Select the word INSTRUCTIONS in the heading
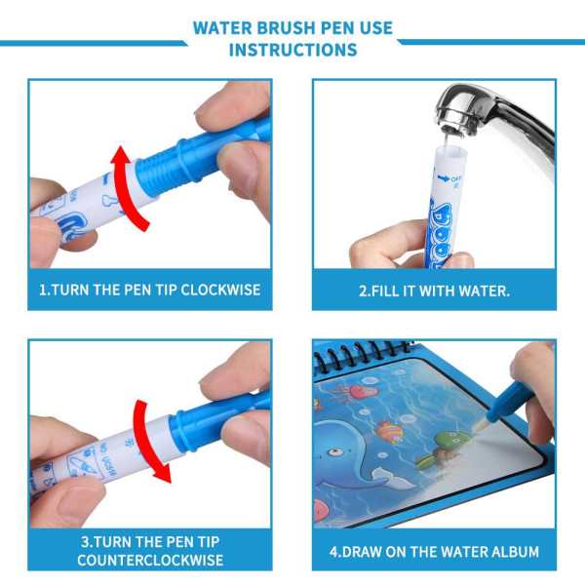pyautogui.click(x=292, y=50)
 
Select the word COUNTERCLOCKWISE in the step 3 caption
pyautogui.click(x=151, y=560)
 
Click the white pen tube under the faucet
pyautogui.click(x=445, y=205)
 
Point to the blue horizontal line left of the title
pyautogui.click(x=93, y=42)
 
